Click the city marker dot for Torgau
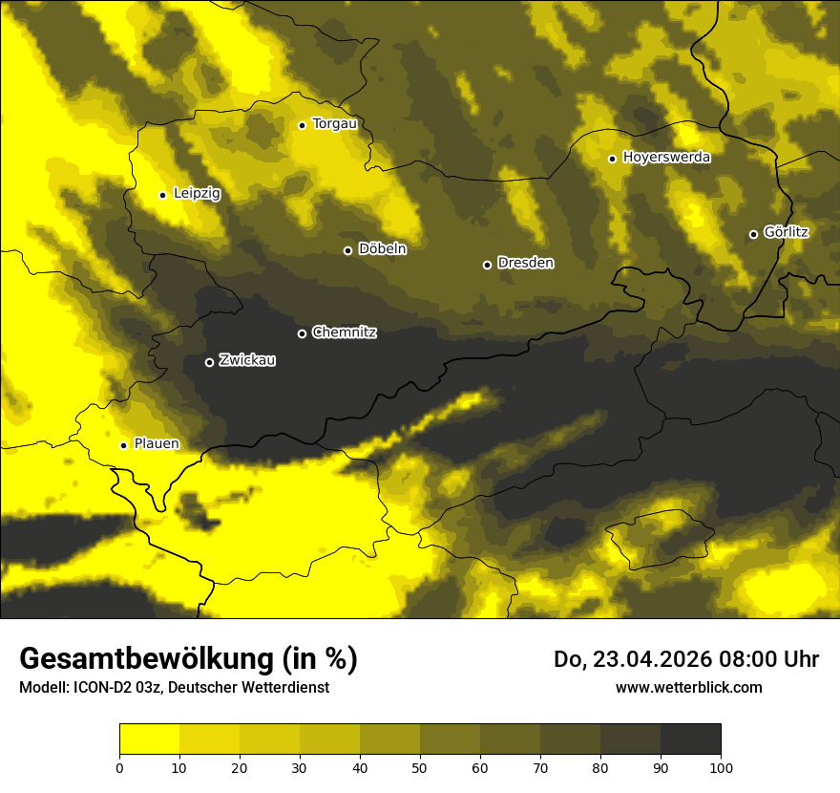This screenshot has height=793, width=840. [302, 125]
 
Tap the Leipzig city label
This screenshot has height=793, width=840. [197, 194]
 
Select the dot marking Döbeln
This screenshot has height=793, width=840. [347, 250]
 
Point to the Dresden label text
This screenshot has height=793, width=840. [526, 263]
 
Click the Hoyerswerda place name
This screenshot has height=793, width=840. [666, 158]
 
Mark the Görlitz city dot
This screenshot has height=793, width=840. [753, 234]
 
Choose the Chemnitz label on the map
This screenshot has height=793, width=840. [345, 332]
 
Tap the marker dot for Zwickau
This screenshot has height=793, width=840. [209, 362]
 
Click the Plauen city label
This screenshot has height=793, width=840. [157, 444]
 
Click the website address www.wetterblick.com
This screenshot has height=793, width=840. [688, 687]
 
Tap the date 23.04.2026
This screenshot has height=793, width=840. [638, 659]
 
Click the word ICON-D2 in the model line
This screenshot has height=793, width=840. [103, 687]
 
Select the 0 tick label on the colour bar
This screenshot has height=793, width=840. [119, 766]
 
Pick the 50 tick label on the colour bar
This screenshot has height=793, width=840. [420, 766]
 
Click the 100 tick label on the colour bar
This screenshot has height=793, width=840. [721, 766]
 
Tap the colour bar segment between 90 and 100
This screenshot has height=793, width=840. [690, 739]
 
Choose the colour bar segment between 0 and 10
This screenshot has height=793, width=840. [149, 739]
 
